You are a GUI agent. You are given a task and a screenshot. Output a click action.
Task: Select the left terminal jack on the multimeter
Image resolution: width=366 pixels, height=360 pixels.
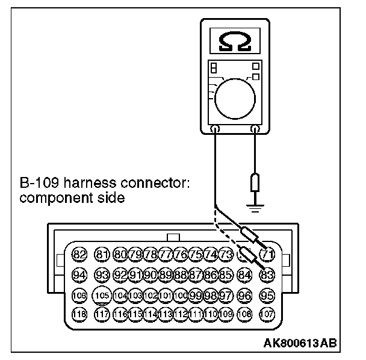215,128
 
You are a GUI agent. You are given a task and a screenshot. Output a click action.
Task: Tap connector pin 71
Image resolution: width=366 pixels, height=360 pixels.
267,255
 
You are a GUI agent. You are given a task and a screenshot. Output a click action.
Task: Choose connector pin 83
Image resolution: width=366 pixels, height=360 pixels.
267,275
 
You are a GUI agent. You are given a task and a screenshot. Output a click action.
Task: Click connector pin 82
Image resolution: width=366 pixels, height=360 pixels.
79,255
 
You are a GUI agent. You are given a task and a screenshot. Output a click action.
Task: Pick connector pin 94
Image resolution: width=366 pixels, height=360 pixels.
79,275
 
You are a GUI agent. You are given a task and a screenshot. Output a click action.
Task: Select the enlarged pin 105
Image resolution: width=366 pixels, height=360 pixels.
103,295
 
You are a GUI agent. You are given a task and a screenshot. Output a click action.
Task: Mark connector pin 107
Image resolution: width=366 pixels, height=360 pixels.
267,314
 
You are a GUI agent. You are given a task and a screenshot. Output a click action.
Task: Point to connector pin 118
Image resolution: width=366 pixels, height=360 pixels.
79,314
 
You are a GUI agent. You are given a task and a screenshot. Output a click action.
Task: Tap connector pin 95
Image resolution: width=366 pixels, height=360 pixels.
267,295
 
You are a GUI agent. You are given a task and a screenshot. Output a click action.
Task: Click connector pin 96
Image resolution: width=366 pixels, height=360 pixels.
244,295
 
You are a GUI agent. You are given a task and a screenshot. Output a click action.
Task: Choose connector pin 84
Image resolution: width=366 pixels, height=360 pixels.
244,275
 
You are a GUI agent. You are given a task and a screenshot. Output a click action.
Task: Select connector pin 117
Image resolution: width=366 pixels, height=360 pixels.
103,314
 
